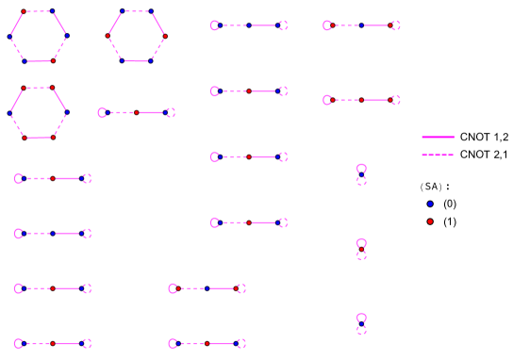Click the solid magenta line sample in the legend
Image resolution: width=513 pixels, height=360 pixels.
coord(438,137)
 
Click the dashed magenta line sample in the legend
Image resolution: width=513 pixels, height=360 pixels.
coord(438,155)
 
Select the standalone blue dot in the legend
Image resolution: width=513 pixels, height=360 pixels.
coord(430,204)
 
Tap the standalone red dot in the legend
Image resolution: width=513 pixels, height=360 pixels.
coord(430,221)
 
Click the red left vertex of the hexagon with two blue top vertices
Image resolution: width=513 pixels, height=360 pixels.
coord(108,36)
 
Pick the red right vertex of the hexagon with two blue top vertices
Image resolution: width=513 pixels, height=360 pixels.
coord(165,36)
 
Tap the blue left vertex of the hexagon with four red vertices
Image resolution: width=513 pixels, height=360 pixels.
coord(10,113)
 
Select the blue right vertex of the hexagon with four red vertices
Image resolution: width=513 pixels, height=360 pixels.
coord(67,113)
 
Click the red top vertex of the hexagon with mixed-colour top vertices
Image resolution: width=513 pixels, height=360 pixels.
coord(24,11)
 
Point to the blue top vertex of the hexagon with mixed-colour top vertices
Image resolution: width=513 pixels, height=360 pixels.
coord(52,11)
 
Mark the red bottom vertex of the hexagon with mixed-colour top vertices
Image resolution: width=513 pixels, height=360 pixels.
coord(53,61)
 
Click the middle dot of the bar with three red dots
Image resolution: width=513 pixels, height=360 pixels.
coord(361,100)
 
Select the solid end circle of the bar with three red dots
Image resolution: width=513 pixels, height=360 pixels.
coord(327,100)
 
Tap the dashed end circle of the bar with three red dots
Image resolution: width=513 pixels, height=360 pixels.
coord(395,100)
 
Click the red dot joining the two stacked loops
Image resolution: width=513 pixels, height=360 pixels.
coord(361,249)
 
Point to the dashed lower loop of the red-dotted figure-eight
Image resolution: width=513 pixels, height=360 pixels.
coord(361,256)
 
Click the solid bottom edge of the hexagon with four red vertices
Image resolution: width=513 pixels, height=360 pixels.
coord(39,138)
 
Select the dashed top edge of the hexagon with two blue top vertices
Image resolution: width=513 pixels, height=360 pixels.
coord(137,11)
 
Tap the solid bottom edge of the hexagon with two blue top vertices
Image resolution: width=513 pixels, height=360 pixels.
coord(137,61)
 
